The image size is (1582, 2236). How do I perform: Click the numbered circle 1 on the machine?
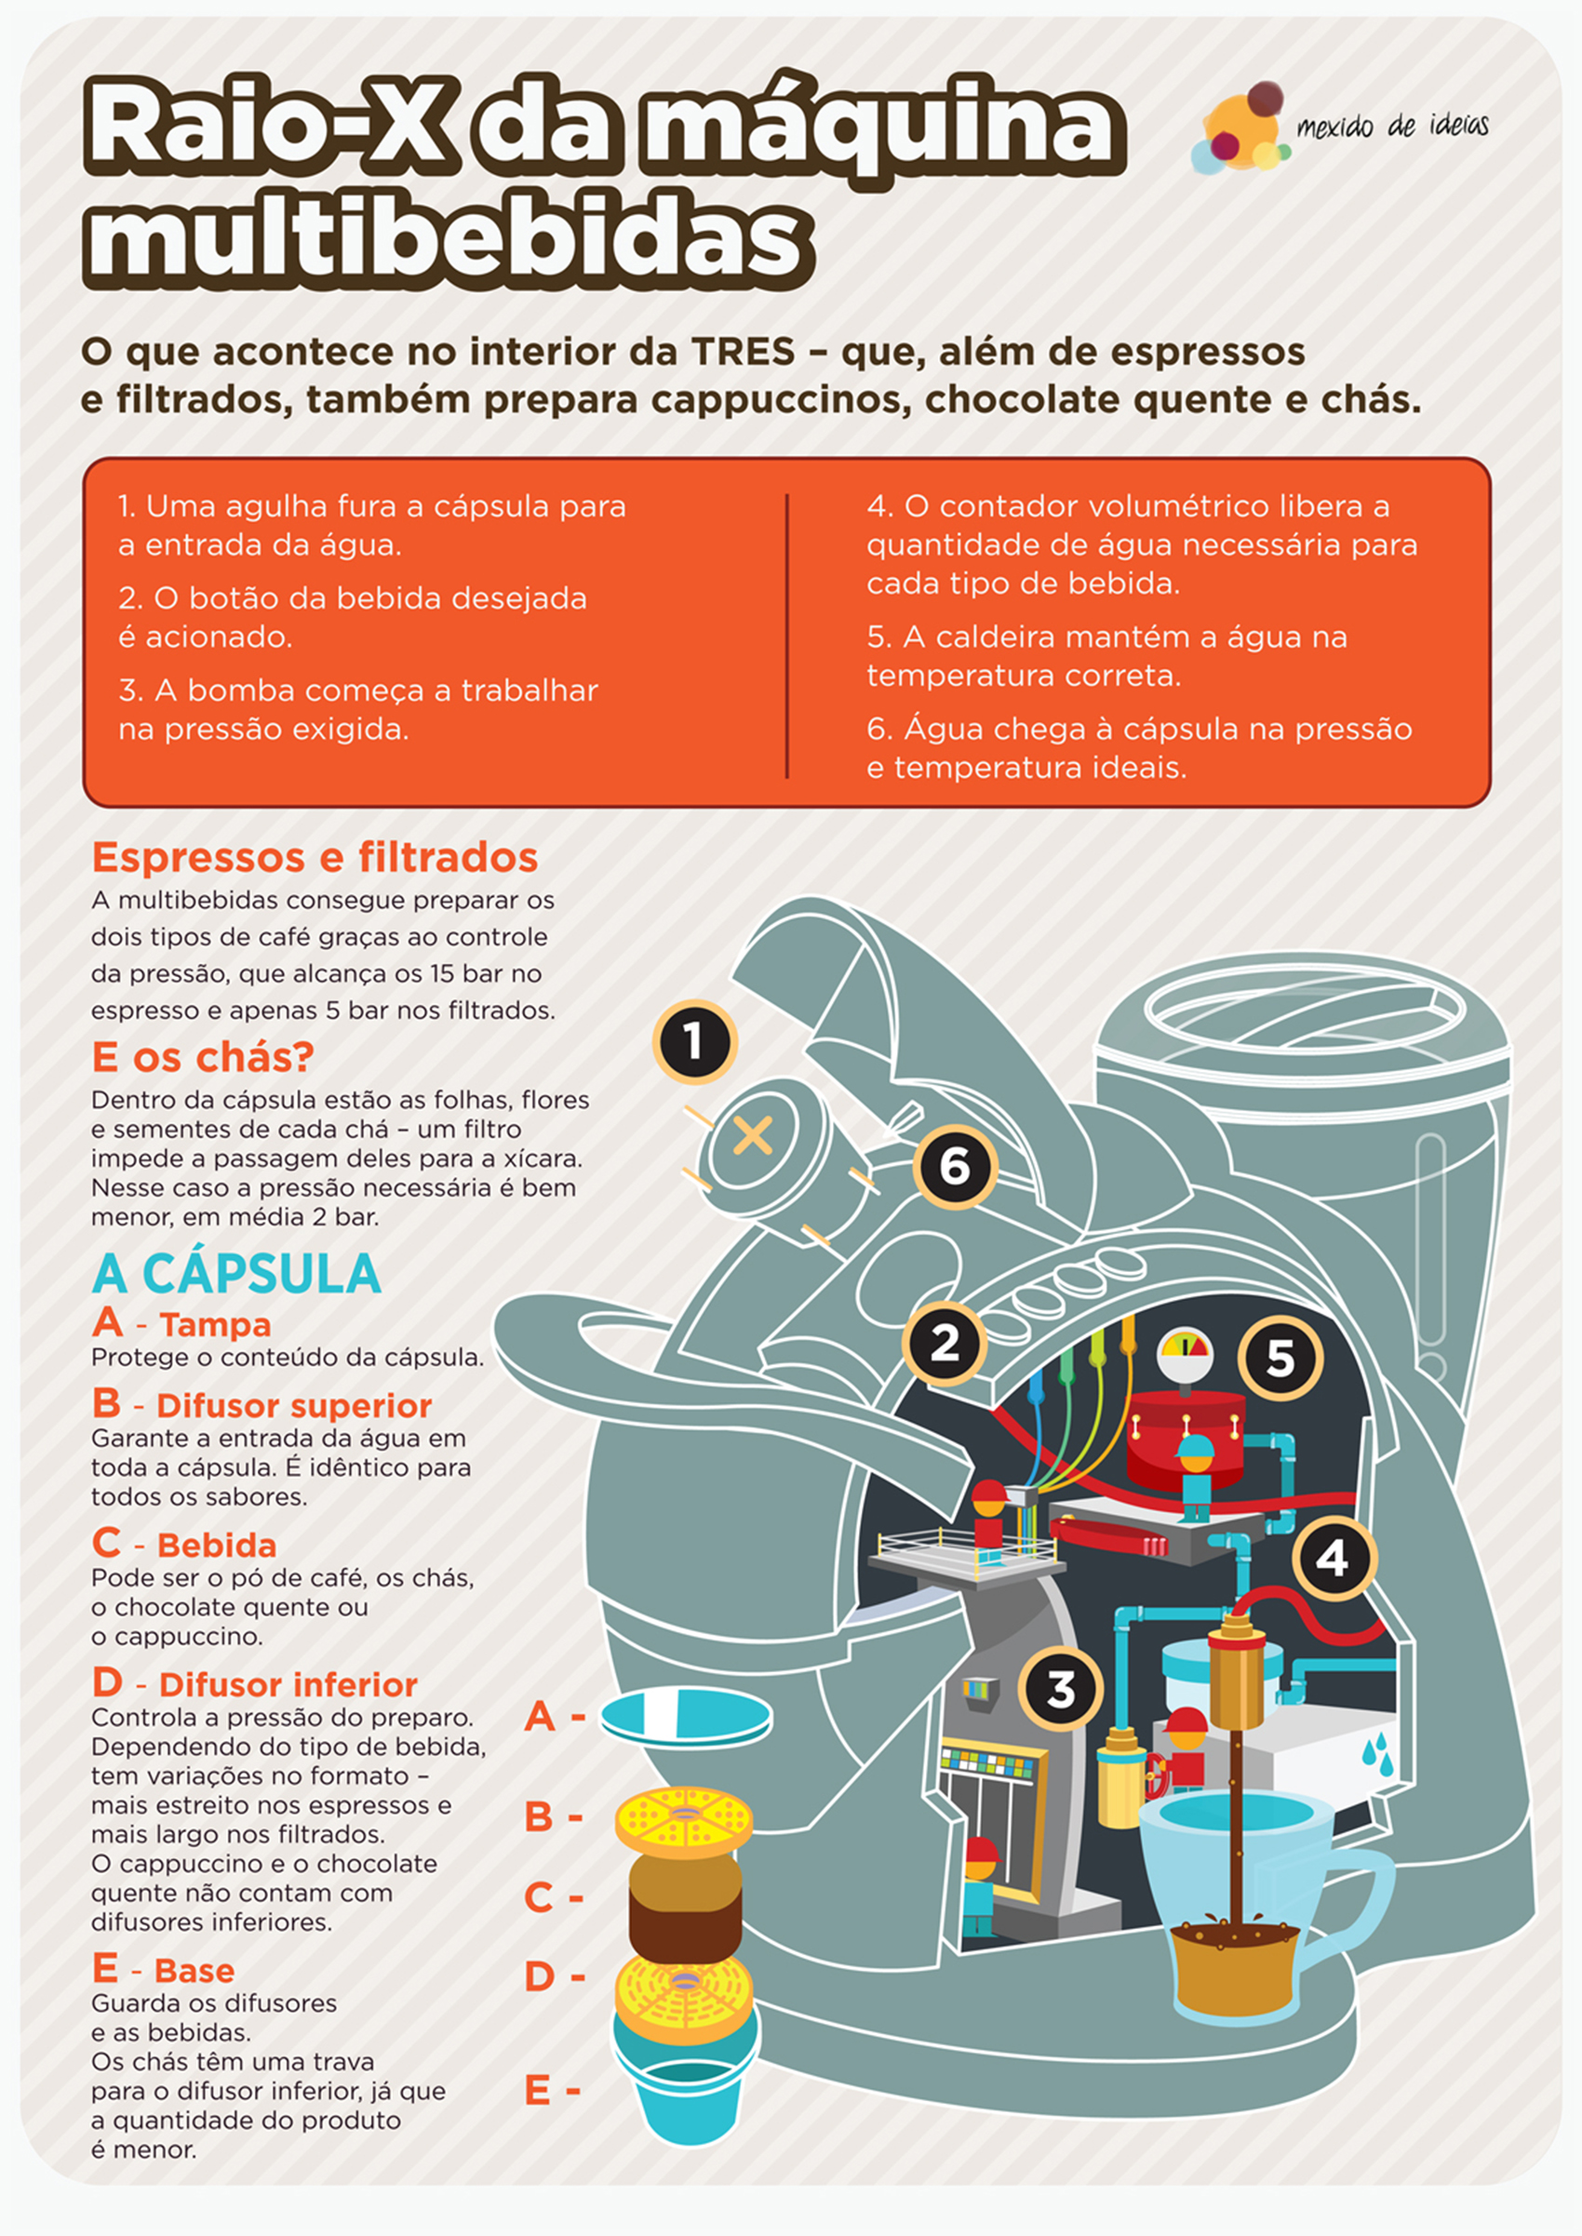[693, 1042]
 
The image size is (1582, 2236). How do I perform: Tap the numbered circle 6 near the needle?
[955, 1166]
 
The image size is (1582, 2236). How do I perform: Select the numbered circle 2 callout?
[944, 1343]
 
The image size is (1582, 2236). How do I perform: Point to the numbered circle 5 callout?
[1280, 1358]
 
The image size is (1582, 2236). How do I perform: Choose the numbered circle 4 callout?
[1334, 1559]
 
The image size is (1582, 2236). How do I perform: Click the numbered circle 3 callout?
[1061, 1689]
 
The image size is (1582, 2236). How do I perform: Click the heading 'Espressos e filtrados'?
[315, 858]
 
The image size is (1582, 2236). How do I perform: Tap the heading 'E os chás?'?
[203, 1057]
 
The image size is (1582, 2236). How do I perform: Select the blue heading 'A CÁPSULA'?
[236, 1274]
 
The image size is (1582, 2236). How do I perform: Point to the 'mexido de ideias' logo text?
[1392, 126]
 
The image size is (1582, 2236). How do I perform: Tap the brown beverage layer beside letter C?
[685, 1908]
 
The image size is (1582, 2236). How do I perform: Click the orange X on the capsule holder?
[752, 1134]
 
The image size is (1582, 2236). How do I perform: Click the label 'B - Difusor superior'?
[262, 1404]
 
